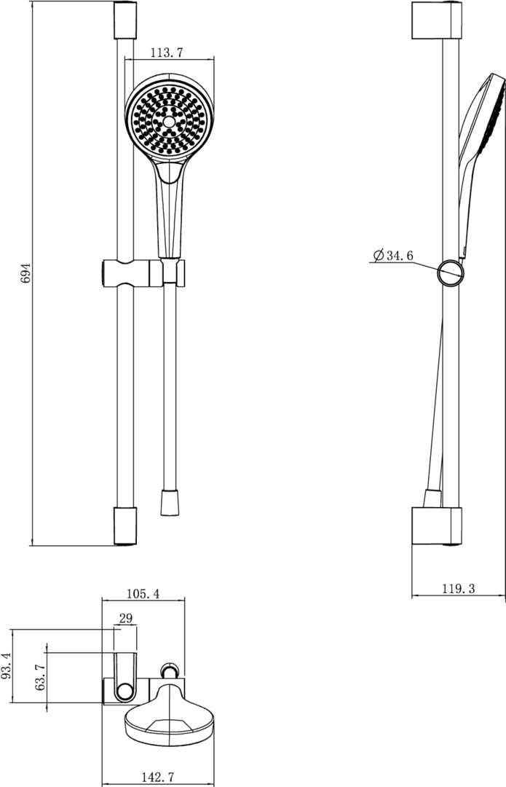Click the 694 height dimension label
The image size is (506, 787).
coord(25,273)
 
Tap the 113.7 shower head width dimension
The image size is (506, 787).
coord(167,52)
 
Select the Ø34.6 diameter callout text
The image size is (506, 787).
coord(394,256)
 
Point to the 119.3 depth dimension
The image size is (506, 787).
coord(458,588)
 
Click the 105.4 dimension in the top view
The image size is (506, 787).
coord(143,594)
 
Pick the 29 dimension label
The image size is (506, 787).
coord(126,619)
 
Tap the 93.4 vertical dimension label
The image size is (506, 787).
coord(6,666)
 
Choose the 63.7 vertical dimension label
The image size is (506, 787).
coord(40,676)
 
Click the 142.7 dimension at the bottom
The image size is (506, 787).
coord(157,777)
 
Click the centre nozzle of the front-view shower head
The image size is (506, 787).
coord(170,122)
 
